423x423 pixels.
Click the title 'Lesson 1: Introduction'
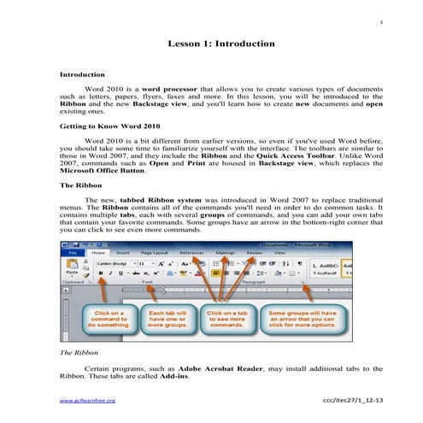pos(220,43)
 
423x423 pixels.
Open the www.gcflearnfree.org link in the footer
pos(86,399)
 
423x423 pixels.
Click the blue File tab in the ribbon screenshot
pos(73,254)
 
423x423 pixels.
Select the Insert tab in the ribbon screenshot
pos(123,254)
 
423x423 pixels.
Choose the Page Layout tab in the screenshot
pos(155,254)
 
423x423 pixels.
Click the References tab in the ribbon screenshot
pos(192,254)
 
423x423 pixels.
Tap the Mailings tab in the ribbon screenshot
pos(226,254)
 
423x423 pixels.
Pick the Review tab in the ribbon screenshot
pos(254,254)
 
